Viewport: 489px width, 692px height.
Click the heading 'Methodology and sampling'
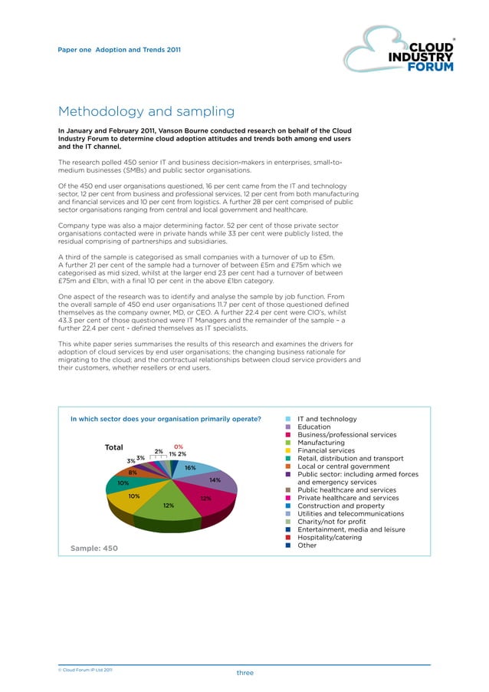[x=146, y=112]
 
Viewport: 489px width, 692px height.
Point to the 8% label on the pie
[x=133, y=473]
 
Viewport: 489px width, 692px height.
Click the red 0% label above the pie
[x=179, y=446]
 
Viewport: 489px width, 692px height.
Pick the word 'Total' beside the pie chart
[x=114, y=447]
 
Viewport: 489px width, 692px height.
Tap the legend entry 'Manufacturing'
[x=320, y=443]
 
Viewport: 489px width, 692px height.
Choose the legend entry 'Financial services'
[x=326, y=451]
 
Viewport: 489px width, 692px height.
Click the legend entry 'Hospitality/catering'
[x=330, y=538]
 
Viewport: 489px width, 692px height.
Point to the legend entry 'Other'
[x=307, y=545]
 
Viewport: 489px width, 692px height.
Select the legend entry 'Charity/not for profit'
[x=331, y=522]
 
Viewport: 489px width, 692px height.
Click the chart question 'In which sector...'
[x=166, y=419]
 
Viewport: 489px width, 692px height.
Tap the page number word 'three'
[x=244, y=673]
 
